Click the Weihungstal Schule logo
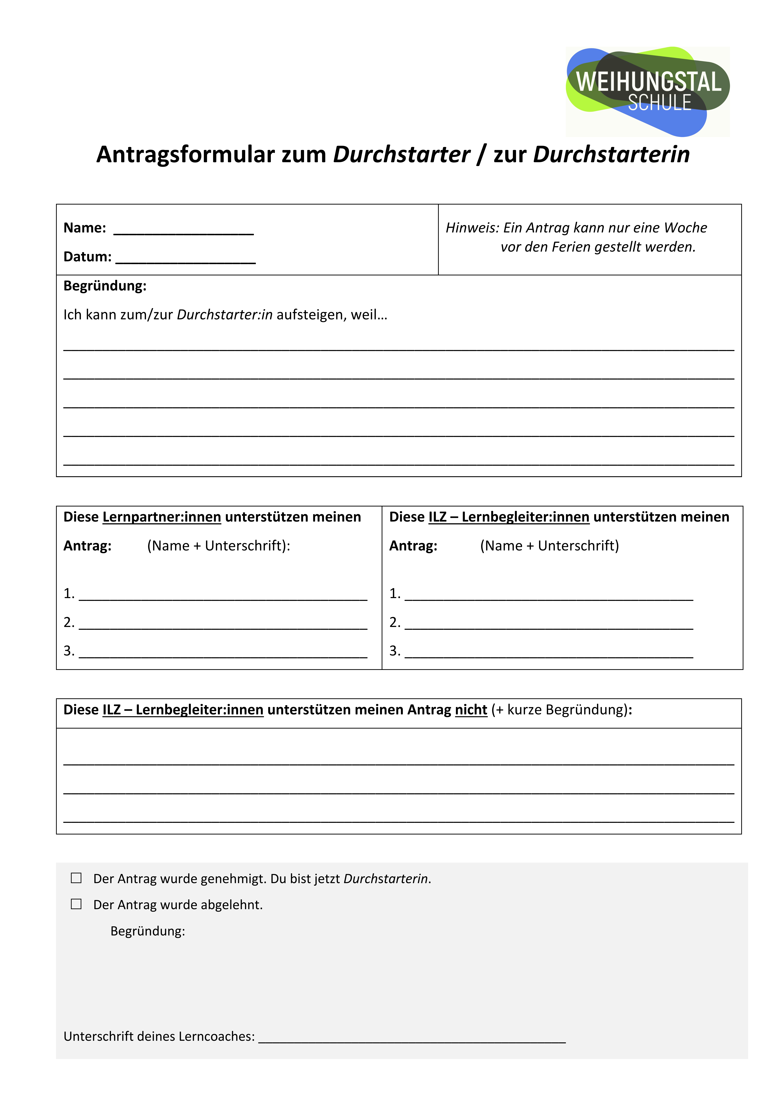[648, 91]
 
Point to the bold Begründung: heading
[105, 286]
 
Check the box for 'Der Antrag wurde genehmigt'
[76, 878]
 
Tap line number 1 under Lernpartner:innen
[223, 595]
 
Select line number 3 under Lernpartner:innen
[223, 653]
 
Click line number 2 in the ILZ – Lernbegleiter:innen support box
[548, 624]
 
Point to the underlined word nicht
[471, 710]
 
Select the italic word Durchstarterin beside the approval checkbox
[386, 879]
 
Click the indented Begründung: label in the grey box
[148, 931]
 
